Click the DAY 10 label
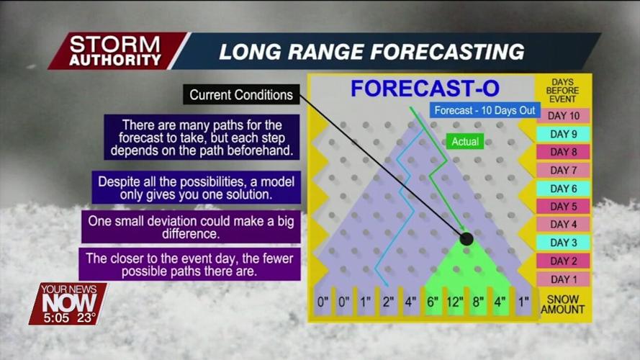coord(564,116)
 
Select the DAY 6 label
coord(564,189)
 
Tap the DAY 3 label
coord(564,243)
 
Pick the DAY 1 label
coord(564,279)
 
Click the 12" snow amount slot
coord(455,302)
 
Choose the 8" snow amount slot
coord(477,302)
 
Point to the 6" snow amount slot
coord(433,302)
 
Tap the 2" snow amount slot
coord(388,302)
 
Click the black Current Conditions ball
coord(467,239)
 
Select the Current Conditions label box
coord(240,95)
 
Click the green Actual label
coord(466,142)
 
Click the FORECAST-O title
coord(425,89)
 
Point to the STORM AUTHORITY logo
coord(115,50)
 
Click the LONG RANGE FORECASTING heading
coord(371,52)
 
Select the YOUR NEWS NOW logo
coord(68,296)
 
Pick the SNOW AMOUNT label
coord(563,305)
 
